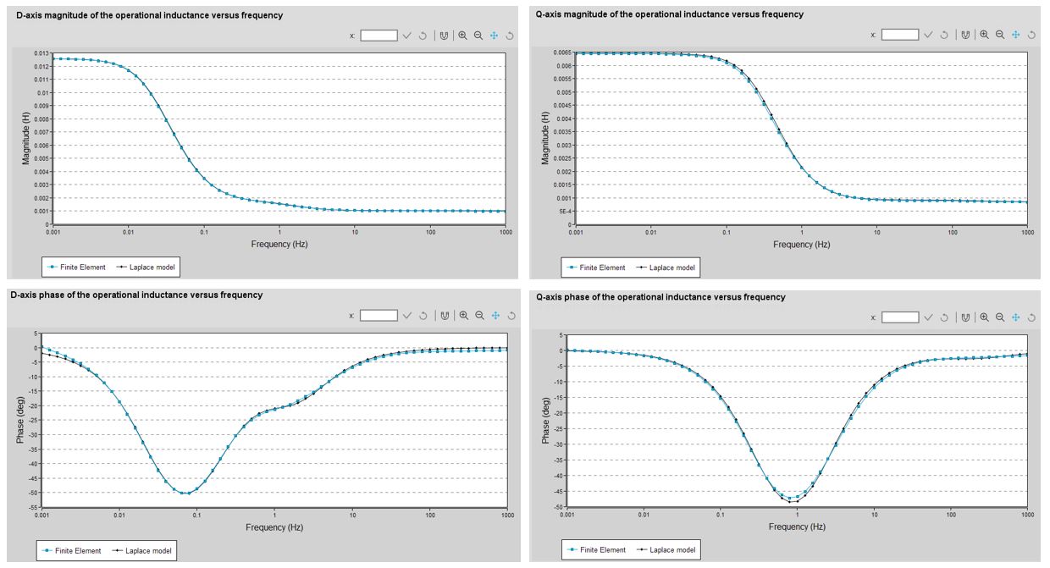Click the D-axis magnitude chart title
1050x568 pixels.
tap(149, 15)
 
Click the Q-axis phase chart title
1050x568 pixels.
tap(660, 297)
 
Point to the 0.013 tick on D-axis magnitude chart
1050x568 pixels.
tap(41, 53)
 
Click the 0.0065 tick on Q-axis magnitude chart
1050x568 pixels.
tap(560, 52)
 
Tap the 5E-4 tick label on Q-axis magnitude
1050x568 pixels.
tap(562, 211)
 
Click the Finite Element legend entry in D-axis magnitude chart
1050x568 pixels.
tap(76, 267)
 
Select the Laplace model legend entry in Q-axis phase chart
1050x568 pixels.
tap(669, 550)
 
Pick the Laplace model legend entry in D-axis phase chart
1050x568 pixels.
tap(147, 551)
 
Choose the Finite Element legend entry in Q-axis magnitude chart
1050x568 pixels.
tap(598, 267)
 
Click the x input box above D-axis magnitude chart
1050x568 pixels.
tap(379, 35)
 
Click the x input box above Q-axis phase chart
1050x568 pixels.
tap(899, 317)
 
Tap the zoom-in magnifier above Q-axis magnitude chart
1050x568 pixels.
tap(984, 35)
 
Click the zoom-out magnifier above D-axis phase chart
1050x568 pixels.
tap(479, 315)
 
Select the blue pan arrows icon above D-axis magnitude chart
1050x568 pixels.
tap(495, 35)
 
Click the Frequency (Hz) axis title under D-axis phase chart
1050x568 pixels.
tap(274, 527)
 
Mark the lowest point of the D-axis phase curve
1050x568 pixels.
tap(186, 493)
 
